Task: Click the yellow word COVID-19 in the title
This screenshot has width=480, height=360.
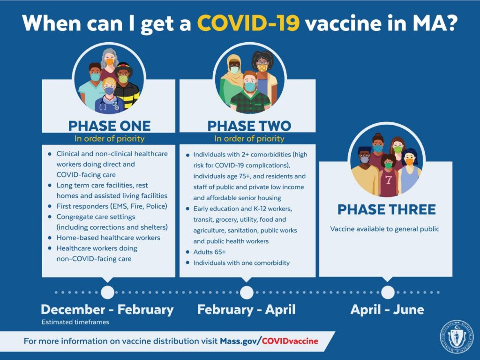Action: click(x=248, y=23)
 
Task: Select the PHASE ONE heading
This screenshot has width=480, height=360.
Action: click(x=109, y=126)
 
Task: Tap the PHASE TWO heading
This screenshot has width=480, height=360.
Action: click(x=249, y=126)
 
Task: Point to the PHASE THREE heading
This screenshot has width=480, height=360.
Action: click(x=386, y=210)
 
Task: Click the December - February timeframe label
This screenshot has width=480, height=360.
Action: click(x=107, y=309)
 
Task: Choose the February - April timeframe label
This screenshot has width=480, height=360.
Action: click(x=247, y=309)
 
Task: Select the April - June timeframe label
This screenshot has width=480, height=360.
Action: click(x=387, y=309)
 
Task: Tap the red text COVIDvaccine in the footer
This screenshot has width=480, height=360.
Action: click(x=290, y=341)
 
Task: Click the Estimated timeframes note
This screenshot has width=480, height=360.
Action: click(x=75, y=322)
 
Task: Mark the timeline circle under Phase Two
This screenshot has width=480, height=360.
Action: click(x=247, y=292)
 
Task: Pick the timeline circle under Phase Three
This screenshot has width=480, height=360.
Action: click(x=388, y=292)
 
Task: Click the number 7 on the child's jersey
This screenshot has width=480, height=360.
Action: click(x=389, y=180)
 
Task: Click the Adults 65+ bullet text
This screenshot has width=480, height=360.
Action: click(x=210, y=252)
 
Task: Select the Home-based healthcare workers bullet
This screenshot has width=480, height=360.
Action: click(x=108, y=238)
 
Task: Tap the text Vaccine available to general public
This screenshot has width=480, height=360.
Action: click(x=385, y=229)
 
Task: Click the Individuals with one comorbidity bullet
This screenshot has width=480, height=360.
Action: click(x=241, y=263)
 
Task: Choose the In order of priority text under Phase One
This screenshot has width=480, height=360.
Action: click(x=109, y=139)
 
